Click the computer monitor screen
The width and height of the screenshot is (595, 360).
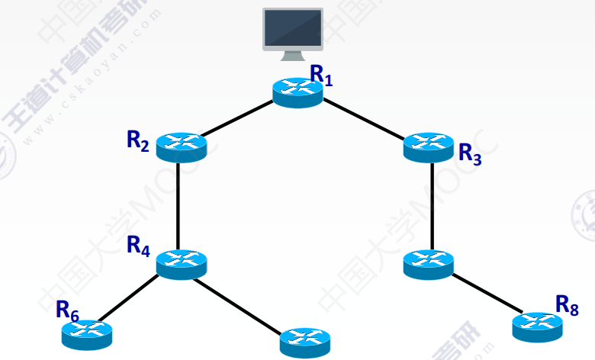coord(293,27)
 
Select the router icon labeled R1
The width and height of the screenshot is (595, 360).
coord(297,92)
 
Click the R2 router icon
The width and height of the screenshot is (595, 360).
coord(181,146)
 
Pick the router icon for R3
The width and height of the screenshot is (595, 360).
coord(428,146)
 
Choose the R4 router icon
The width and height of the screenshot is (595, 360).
coord(181,263)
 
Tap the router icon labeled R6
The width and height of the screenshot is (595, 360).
coord(87,333)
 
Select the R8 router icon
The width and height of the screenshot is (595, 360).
coord(537,326)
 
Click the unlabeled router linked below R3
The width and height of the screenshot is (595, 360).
coord(428,263)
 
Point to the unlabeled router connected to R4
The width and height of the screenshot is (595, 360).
coord(304,342)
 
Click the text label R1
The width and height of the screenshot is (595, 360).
coord(321,74)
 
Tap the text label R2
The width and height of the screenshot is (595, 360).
coord(138,141)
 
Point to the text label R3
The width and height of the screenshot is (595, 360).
coord(470,154)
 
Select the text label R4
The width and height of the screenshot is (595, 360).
coord(138,246)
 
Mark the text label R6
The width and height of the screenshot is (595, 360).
coord(67,310)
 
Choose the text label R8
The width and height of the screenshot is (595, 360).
coord(567,304)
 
